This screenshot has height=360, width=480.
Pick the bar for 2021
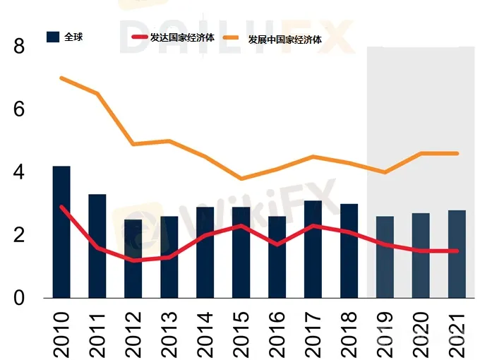tap(457, 254)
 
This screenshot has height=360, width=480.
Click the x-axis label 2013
tap(169, 330)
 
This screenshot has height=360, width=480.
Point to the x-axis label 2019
tap(385, 330)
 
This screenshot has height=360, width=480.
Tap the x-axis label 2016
tap(277, 330)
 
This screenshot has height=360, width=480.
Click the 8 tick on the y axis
tap(19, 47)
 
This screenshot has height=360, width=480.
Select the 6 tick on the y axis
tap(19, 109)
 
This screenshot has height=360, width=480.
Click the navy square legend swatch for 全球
tap(52, 37)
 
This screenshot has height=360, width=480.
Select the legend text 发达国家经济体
tap(182, 37)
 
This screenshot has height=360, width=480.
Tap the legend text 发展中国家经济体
tap(284, 40)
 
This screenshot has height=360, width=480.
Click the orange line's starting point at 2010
tap(61, 78)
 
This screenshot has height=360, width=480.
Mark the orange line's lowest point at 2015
tap(241, 179)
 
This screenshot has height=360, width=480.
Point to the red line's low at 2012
tap(133, 260)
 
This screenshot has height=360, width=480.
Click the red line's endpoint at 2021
tap(457, 251)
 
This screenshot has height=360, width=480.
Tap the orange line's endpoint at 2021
tap(457, 153)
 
